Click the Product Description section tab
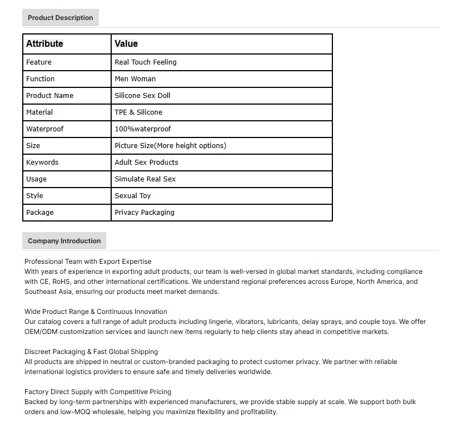[60, 18]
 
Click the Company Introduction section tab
[64, 241]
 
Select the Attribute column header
[44, 44]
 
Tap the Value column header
[126, 44]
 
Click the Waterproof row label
[44, 129]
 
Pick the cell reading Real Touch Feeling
[146, 62]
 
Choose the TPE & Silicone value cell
[138, 112]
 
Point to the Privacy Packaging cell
[145, 213]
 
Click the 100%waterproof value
[143, 129]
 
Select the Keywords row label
[42, 163]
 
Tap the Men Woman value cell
[135, 79]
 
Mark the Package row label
[40, 213]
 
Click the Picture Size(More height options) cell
[170, 146]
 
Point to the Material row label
[39, 112]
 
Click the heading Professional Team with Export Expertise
[88, 262]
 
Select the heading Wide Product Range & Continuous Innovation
[96, 312]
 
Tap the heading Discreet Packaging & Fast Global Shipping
[91, 352]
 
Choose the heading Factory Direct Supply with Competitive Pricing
[98, 392]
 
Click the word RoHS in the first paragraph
[62, 282]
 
